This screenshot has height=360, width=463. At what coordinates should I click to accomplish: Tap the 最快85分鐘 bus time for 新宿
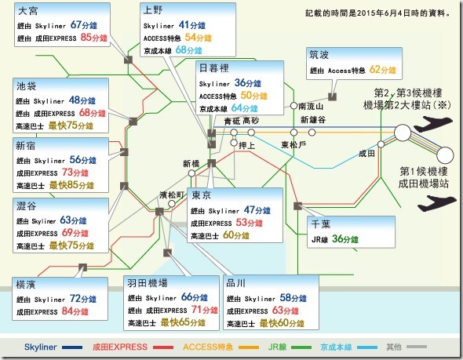point(75,185)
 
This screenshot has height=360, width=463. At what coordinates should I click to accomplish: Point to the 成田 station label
point(366,155)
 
